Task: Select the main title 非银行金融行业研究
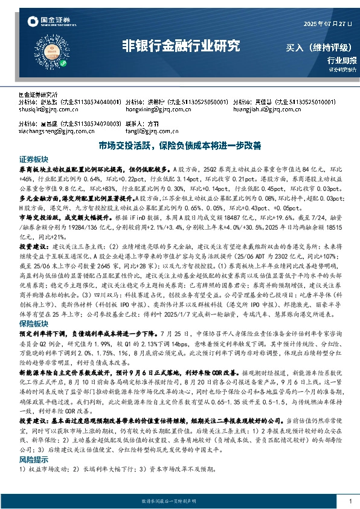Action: [181, 46]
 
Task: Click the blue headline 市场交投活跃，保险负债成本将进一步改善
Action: [179, 146]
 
